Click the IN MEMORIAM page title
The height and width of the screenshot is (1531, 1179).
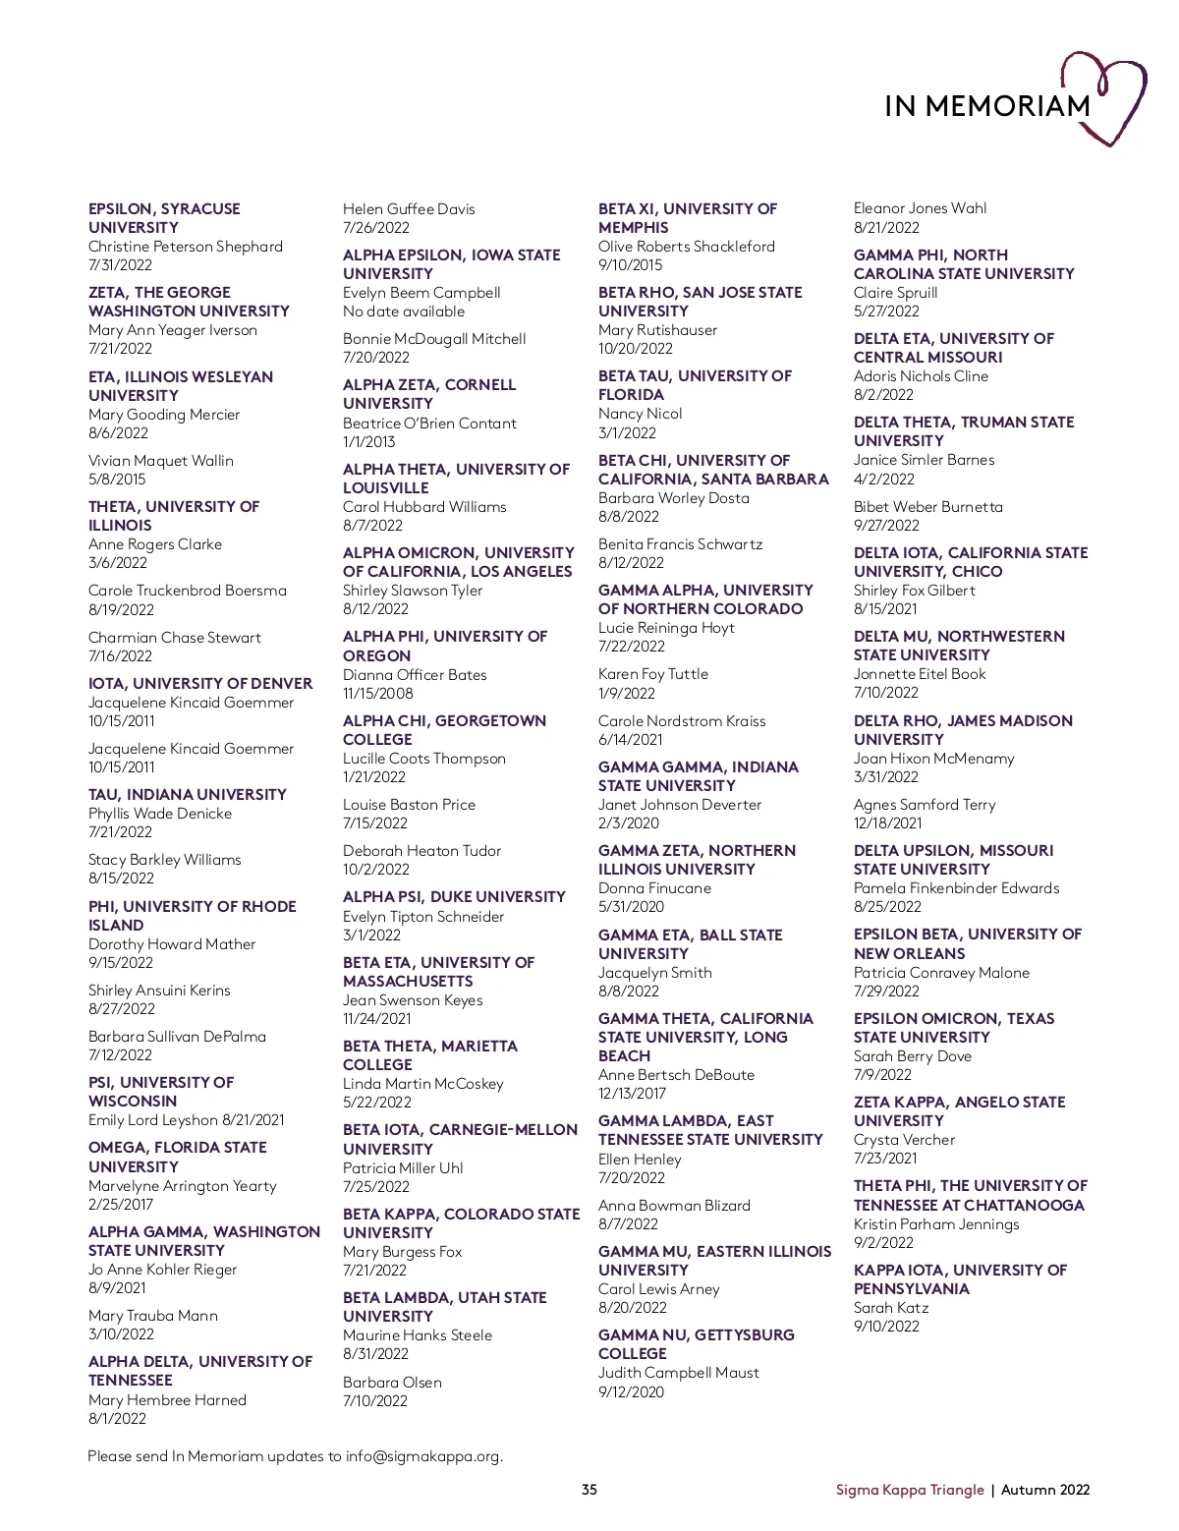(986, 105)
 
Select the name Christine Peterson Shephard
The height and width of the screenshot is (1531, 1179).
(186, 247)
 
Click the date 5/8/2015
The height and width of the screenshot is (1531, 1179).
(117, 480)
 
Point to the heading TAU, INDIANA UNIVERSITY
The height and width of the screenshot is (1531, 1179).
(188, 794)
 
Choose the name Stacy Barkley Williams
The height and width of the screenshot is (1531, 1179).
(165, 860)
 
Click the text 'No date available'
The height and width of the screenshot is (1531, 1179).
(404, 312)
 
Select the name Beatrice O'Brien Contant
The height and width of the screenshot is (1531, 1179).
(429, 424)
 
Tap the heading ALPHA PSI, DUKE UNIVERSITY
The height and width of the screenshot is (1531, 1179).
(454, 897)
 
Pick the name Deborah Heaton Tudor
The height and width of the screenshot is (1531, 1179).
(421, 851)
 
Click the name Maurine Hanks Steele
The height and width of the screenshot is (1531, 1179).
(418, 1335)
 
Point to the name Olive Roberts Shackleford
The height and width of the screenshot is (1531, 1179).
(687, 247)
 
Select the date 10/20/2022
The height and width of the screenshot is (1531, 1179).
(636, 349)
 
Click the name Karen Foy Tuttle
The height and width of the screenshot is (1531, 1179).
(653, 674)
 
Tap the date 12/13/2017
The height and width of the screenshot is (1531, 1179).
(633, 1094)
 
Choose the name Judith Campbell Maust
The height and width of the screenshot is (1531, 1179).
(679, 1373)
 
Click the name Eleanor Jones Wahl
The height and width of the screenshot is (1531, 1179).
(921, 208)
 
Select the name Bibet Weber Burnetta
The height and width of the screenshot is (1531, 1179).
(928, 507)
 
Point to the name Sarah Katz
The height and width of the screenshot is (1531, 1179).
(891, 1308)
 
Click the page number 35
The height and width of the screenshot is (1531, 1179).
(589, 1490)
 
